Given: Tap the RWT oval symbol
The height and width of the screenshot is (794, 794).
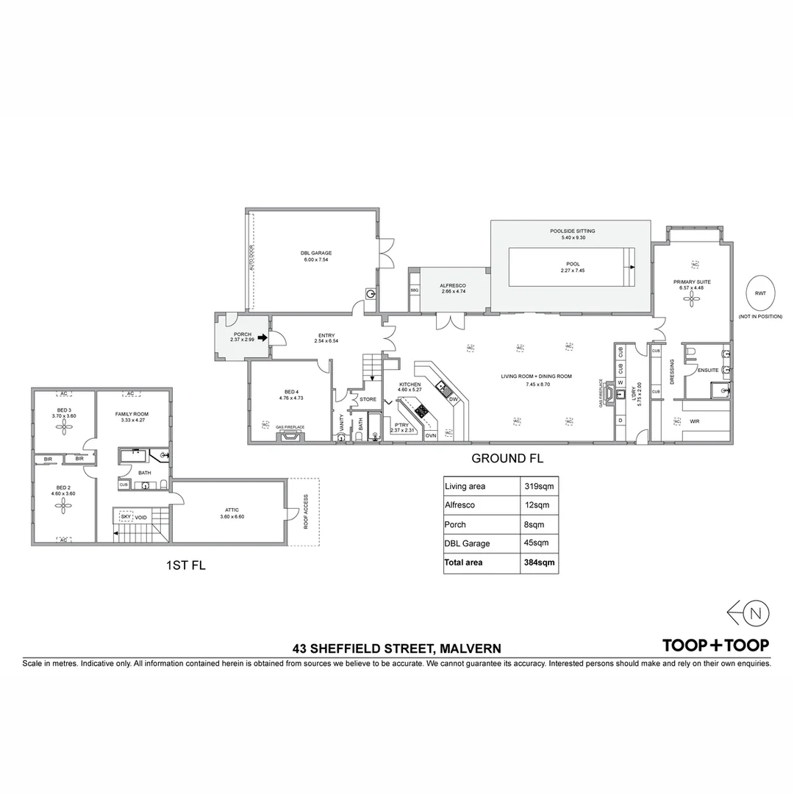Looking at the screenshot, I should (x=759, y=293).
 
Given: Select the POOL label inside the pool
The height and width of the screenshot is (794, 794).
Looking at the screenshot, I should (x=573, y=264).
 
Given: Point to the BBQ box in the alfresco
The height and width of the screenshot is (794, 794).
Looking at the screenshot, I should (x=414, y=290).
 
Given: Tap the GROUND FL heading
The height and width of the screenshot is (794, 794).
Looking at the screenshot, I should (x=507, y=458).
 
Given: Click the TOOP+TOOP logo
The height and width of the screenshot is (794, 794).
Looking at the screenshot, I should (x=715, y=645).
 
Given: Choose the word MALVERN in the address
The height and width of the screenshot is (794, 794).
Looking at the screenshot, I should (x=470, y=648).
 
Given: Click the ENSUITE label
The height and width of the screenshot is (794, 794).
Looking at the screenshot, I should (x=708, y=370).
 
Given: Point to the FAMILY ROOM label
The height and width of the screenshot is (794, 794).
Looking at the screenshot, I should (x=132, y=414).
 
